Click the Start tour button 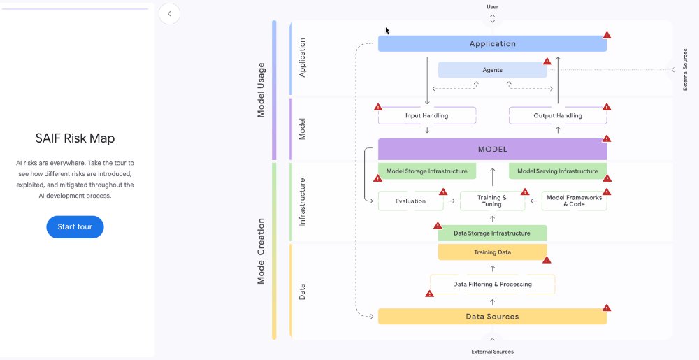(x=75, y=227)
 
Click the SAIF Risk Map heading (x=75, y=138)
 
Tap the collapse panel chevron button (x=169, y=13)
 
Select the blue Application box (x=492, y=43)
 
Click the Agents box (x=492, y=70)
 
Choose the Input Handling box (x=426, y=115)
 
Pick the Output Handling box (x=557, y=115)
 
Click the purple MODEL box (x=492, y=150)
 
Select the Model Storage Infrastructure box (x=426, y=171)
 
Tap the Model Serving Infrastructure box (x=557, y=171)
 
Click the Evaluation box (x=410, y=201)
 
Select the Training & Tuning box (x=492, y=201)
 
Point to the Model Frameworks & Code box (x=574, y=201)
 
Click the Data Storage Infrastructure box (x=492, y=233)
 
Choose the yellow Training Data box (x=492, y=252)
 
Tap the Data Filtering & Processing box (x=492, y=285)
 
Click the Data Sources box (x=492, y=317)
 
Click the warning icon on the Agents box (x=547, y=62)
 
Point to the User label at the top (x=492, y=7)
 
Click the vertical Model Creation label (x=261, y=251)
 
